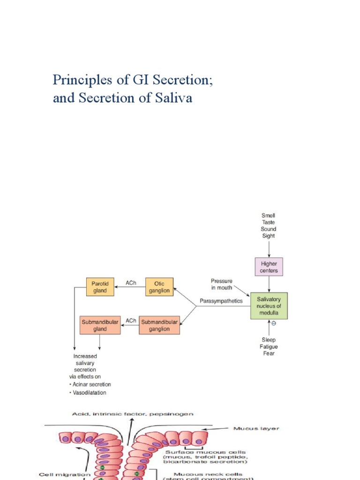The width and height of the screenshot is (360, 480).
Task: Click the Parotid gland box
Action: tap(100, 287)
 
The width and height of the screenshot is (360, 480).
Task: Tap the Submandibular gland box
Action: tap(100, 325)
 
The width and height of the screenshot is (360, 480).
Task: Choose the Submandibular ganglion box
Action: tap(159, 325)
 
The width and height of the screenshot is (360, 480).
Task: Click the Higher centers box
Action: tap(269, 267)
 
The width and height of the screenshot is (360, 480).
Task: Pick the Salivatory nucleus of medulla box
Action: tap(269, 306)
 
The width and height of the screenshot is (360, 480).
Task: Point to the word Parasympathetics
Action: tap(221, 301)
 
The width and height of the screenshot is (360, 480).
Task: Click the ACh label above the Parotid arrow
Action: tap(131, 283)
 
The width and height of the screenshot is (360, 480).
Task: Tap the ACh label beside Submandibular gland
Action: tap(131, 321)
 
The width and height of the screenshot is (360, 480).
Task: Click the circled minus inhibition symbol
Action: tap(274, 323)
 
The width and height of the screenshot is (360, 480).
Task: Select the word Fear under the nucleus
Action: tap(269, 353)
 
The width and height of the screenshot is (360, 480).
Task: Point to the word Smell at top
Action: tap(269, 216)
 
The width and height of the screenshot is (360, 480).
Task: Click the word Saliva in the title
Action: tap(174, 99)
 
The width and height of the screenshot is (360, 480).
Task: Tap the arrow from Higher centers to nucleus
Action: tap(269, 284)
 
